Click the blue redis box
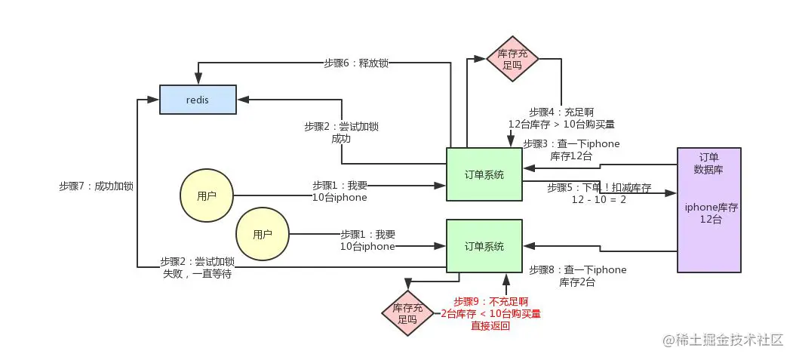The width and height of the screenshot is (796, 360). point(198,100)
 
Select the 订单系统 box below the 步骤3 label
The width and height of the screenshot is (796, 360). point(484,174)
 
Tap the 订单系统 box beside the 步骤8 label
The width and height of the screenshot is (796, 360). point(484,246)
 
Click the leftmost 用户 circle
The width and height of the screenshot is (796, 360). point(206,196)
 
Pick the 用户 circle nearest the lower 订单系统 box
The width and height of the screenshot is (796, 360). point(262,234)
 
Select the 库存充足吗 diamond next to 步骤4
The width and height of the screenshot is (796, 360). point(512,59)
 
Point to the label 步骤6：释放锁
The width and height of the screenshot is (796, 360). point(356,63)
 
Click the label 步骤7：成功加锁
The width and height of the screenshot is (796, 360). point(96,185)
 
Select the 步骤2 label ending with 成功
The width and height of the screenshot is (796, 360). point(341,132)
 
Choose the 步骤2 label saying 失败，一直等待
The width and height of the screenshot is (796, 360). point(197,268)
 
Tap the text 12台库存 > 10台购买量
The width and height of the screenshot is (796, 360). point(561,124)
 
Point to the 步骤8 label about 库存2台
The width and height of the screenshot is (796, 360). point(578,275)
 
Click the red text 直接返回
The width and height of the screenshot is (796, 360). point(490,326)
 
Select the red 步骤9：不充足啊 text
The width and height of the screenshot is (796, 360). point(490,301)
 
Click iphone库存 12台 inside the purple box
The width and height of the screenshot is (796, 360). point(708,212)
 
